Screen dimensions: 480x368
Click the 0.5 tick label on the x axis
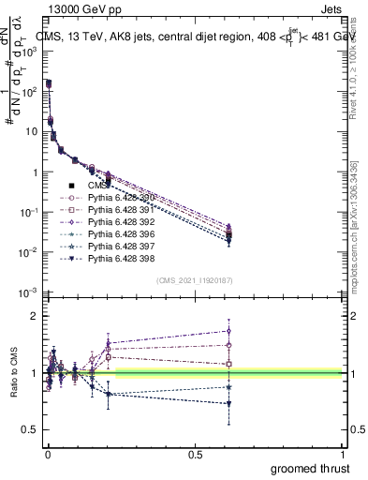pyautogui.click(x=195, y=454)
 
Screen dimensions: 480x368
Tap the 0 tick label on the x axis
pyautogui.click(x=47, y=454)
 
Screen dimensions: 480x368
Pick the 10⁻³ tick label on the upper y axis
pyautogui.click(x=27, y=293)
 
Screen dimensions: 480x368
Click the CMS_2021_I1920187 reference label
pyautogui.click(x=195, y=280)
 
